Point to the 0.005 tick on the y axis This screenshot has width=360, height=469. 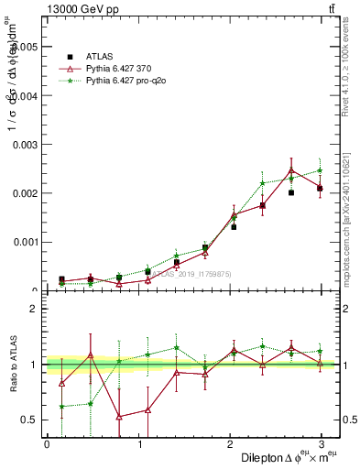[x=26, y=46]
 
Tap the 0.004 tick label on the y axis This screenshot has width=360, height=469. [x=26, y=95]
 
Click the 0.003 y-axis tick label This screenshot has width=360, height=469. [x=26, y=145]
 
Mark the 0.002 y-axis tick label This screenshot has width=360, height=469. [x=26, y=194]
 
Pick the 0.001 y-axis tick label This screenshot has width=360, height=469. [x=26, y=243]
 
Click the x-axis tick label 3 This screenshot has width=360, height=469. [x=322, y=444]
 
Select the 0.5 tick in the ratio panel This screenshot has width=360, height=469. [x=30, y=420]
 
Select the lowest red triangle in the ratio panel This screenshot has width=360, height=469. [x=119, y=417]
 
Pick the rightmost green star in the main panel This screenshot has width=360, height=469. [x=320, y=170]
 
